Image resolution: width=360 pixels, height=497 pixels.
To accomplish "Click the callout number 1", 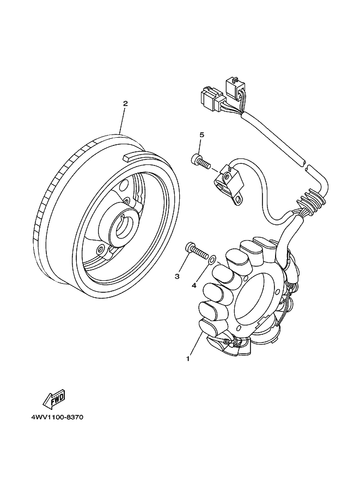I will [x=188, y=359].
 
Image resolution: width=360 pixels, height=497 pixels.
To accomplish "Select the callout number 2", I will [x=125, y=103].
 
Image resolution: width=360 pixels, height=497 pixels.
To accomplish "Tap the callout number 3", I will [x=177, y=277].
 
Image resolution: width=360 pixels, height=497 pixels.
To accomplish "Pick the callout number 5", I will [x=201, y=134].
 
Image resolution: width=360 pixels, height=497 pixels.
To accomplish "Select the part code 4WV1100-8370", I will [x=53, y=418].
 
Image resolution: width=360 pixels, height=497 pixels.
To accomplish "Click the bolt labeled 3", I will [x=197, y=251].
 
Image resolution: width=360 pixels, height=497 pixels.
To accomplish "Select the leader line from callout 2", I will [x=123, y=120].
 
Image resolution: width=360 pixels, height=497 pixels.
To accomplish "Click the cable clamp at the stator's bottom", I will [x=228, y=343].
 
